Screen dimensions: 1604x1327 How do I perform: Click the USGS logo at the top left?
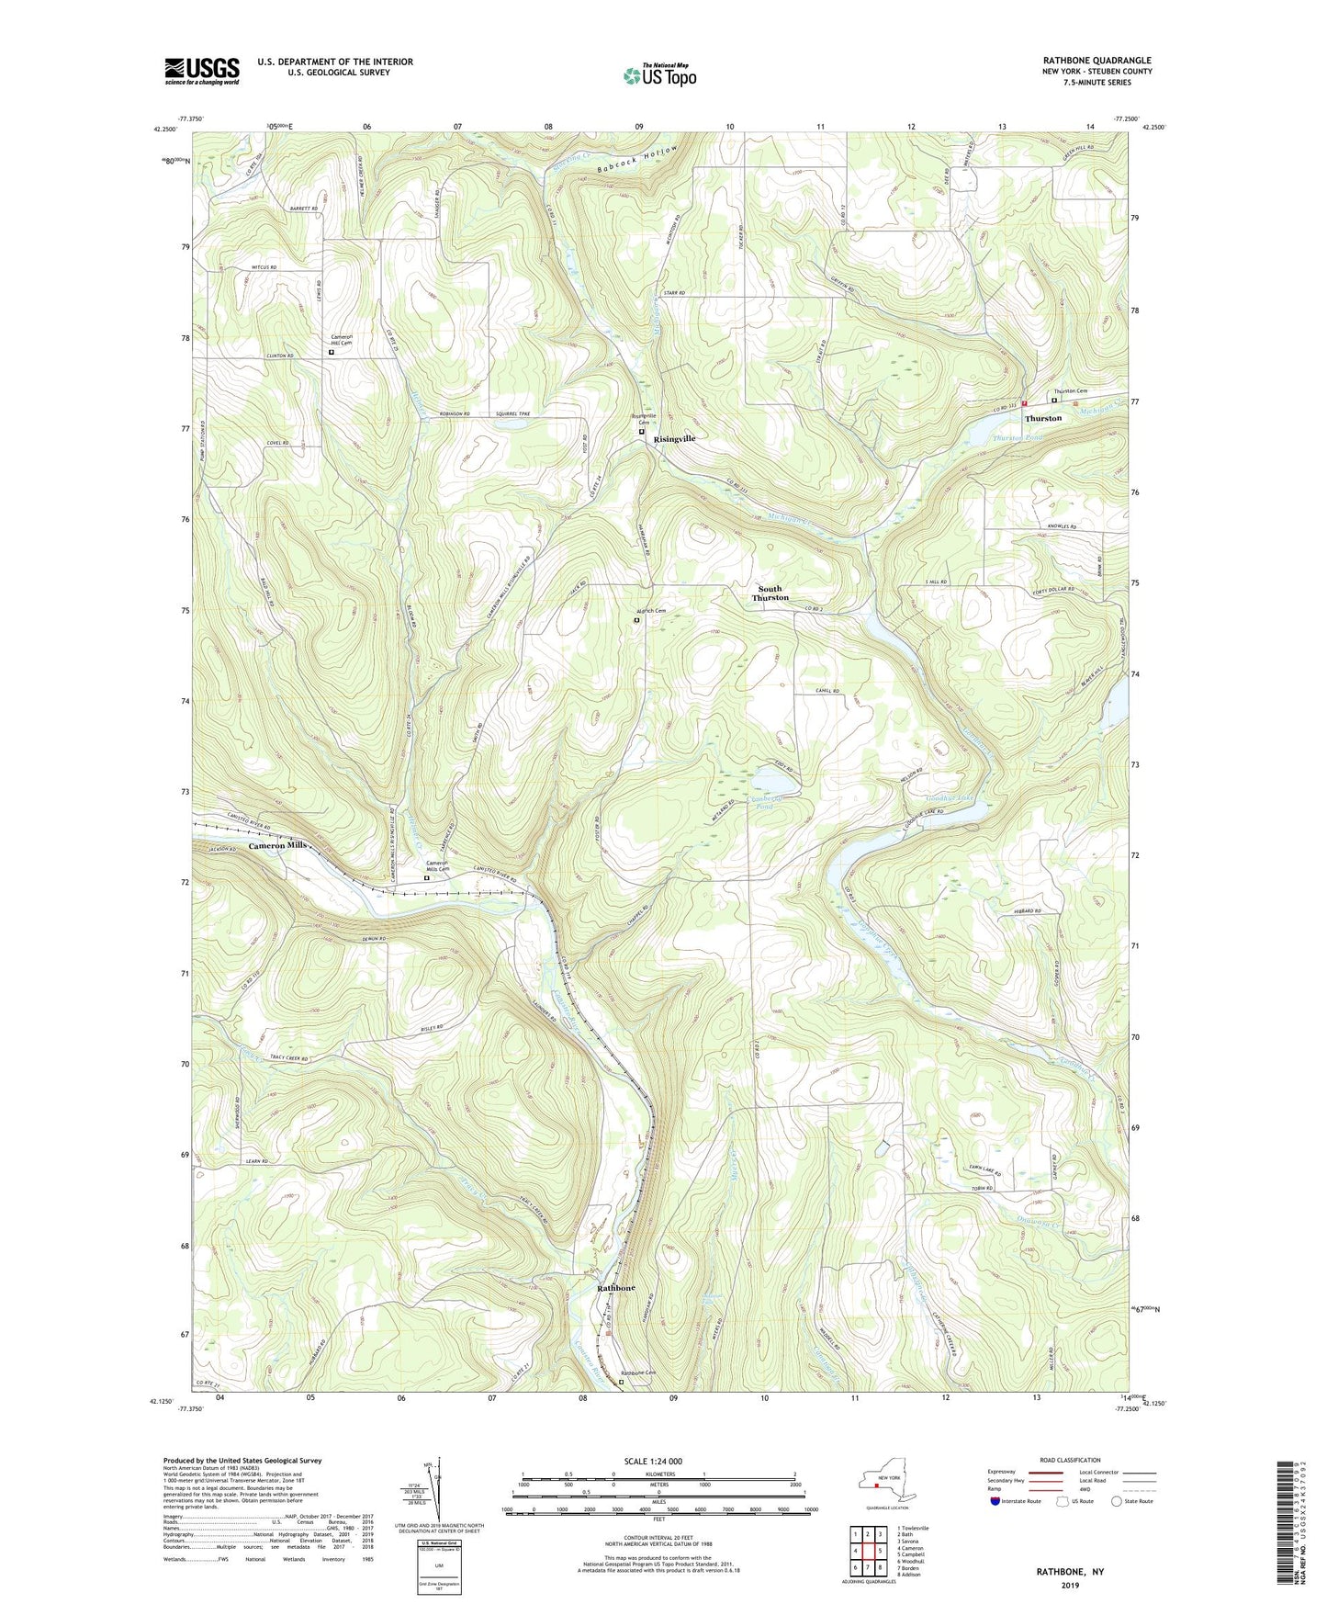(202, 70)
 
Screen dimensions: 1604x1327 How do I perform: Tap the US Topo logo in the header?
(658, 75)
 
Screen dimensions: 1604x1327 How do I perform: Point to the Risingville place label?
(675, 439)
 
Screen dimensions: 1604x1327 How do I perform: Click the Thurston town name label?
(1043, 418)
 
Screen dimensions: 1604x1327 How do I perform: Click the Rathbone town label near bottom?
(616, 1289)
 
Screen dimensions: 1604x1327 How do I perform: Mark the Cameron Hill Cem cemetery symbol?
(332, 351)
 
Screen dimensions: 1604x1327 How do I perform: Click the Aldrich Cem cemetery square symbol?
(637, 620)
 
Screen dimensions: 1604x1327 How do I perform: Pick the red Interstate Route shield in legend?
(997, 1501)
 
